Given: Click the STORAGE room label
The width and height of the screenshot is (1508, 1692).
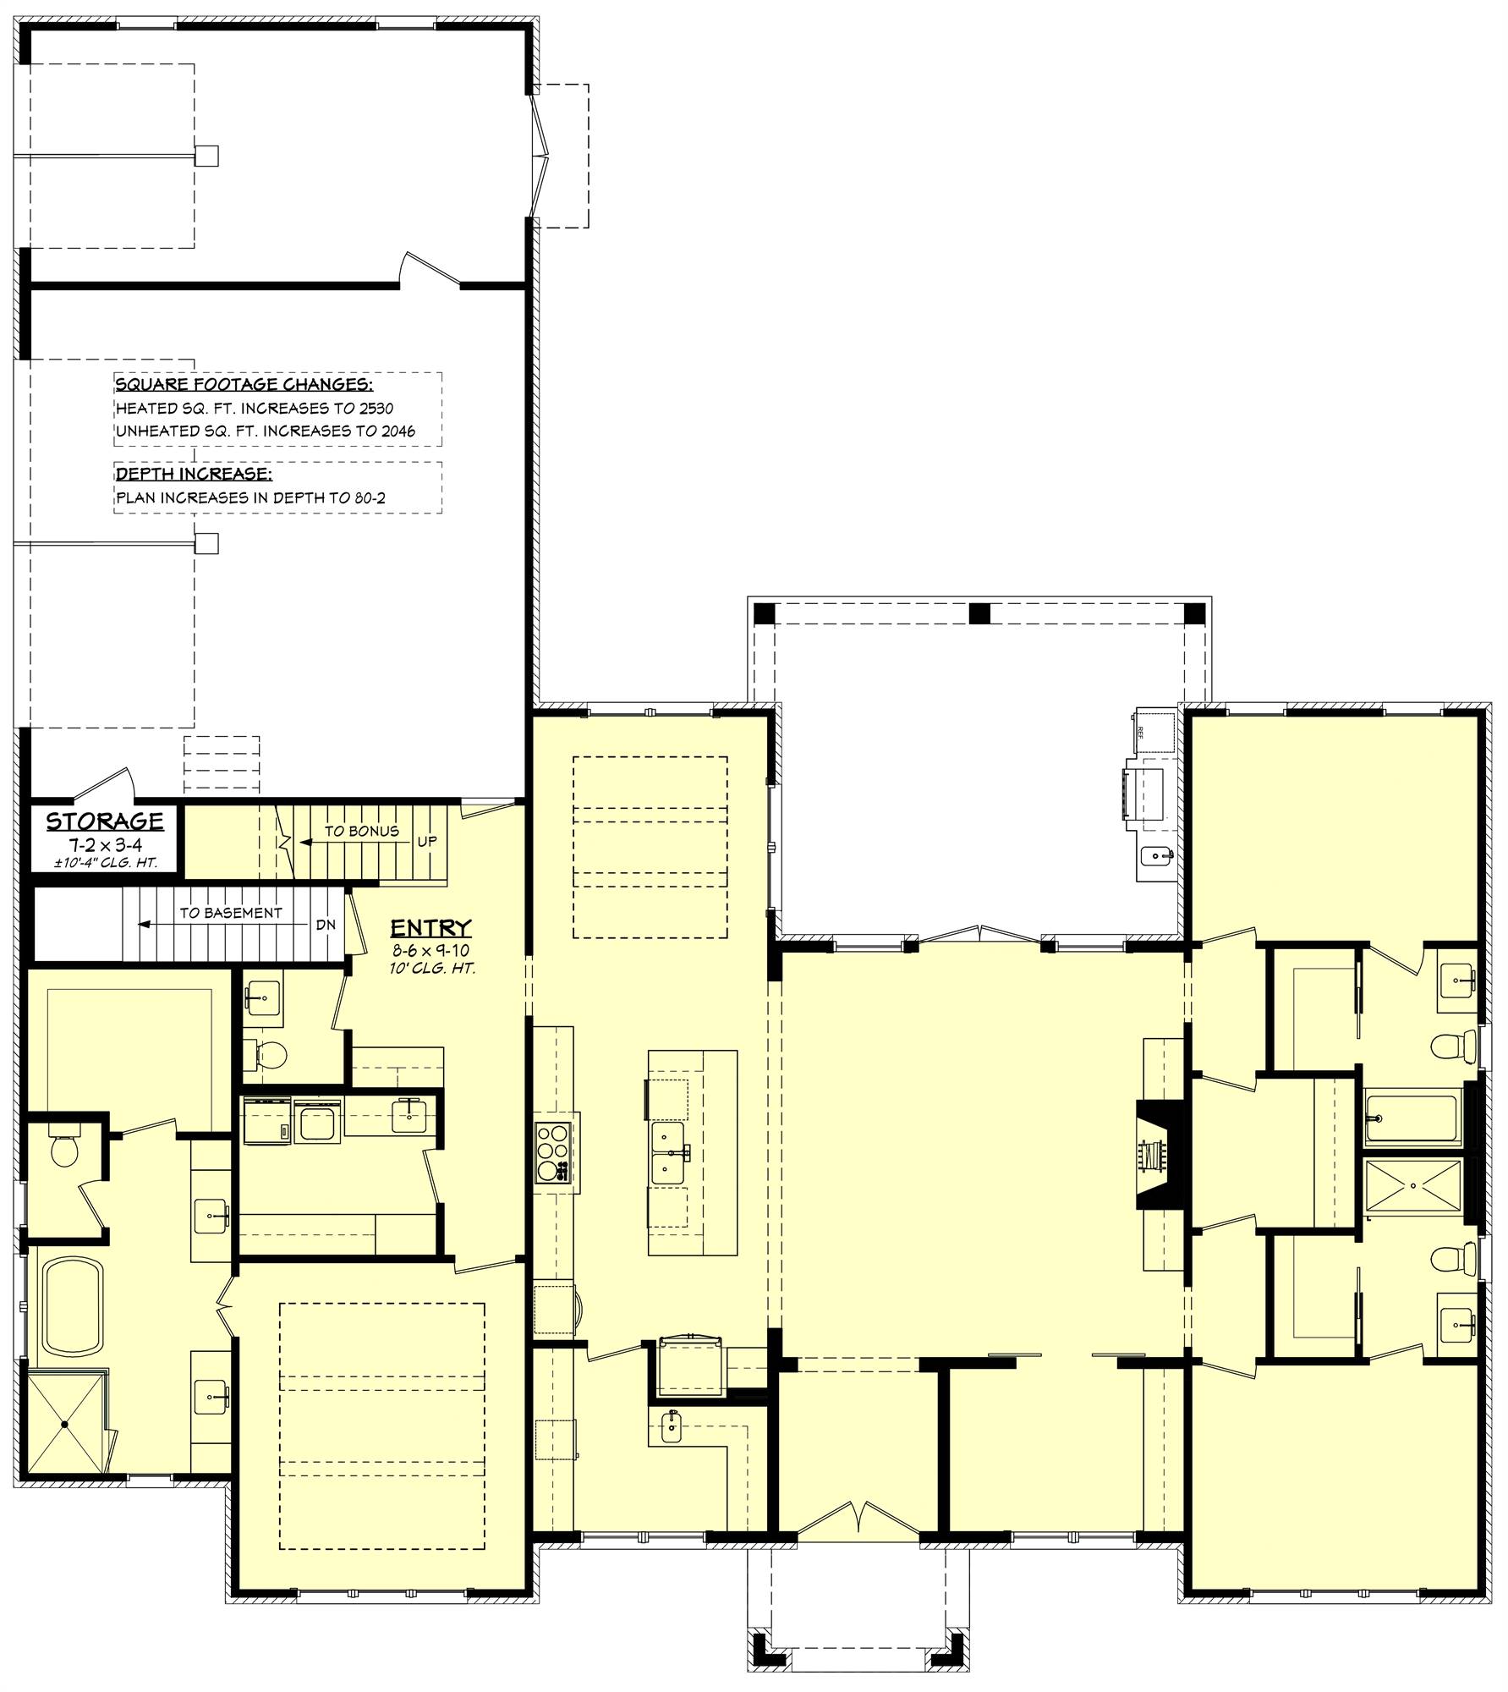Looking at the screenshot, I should tap(104, 821).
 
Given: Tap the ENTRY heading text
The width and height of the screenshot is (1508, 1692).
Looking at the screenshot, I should tap(430, 929).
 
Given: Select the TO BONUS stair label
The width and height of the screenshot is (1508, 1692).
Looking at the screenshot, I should tap(361, 832).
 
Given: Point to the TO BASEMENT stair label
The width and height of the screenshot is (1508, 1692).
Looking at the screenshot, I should tap(230, 913).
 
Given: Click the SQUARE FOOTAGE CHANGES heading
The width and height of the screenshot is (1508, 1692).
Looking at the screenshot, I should tap(244, 385).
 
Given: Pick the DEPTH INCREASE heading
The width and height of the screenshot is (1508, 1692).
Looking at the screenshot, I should tap(194, 474).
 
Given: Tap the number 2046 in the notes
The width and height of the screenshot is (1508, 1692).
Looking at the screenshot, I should tap(398, 431).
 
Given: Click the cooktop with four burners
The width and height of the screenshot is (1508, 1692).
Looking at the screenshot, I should tap(552, 1151).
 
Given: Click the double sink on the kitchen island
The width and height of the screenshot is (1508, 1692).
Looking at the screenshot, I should tap(670, 1153).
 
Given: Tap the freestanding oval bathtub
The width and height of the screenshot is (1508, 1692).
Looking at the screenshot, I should tap(74, 1306).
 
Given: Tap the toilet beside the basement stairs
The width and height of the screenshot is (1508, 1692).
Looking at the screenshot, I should tap(271, 1054).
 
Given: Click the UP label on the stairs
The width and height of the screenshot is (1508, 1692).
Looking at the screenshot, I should tap(427, 843).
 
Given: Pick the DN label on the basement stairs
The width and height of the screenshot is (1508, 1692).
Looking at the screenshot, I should tap(326, 925).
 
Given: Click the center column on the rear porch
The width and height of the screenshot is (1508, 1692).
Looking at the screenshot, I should tap(979, 613).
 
